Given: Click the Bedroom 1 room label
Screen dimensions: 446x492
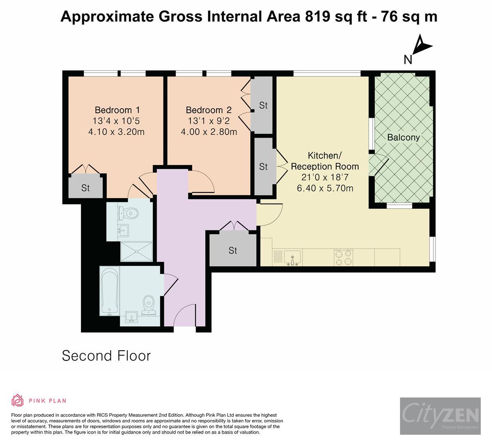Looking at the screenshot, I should [x=117, y=110].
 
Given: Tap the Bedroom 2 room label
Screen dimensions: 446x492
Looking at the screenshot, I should [x=209, y=110].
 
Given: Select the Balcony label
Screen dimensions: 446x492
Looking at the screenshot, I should [x=403, y=138].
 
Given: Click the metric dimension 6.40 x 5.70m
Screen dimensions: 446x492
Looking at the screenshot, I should [x=325, y=188].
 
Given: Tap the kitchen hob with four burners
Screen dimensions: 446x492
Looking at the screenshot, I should [x=344, y=258].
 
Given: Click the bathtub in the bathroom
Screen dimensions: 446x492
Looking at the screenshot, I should [x=109, y=291].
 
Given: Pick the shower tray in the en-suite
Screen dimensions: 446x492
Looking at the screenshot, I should [x=136, y=251].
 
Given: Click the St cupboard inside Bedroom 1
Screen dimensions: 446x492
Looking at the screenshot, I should [x=86, y=188].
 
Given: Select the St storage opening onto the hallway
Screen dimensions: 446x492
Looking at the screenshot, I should [x=233, y=251].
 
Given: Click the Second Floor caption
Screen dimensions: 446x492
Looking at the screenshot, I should [x=107, y=356].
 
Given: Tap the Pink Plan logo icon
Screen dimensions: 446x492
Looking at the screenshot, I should [x=18, y=400].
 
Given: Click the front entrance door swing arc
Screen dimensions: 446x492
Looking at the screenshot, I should [x=183, y=314].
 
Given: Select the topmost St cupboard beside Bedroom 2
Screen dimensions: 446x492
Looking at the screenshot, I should [x=263, y=105].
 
